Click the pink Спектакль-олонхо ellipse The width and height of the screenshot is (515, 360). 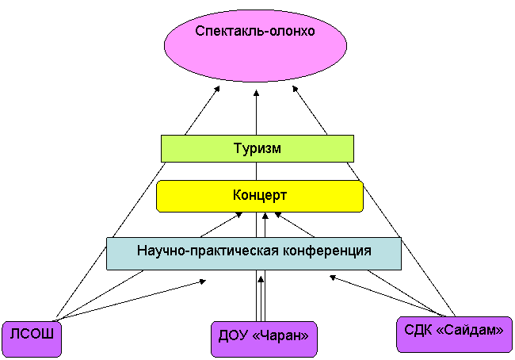[255, 45]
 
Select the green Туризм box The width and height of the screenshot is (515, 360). [257, 148]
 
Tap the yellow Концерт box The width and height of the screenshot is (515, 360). [259, 196]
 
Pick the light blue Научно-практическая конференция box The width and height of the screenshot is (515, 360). [254, 254]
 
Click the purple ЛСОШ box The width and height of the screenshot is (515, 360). [32, 339]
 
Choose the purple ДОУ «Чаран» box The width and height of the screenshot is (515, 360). [264, 339]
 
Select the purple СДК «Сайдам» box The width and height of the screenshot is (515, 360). [454, 335]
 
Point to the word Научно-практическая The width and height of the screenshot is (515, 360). [208, 251]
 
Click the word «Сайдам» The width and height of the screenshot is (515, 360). [470, 330]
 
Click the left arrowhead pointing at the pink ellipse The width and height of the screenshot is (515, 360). [217, 89]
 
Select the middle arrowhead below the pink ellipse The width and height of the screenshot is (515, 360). [256, 93]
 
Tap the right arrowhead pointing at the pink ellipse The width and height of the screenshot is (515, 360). [295, 89]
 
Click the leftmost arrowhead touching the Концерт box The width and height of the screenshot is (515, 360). [239, 215]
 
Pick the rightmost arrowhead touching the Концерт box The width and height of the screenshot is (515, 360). [277, 215]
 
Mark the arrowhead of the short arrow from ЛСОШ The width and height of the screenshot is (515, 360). [203, 281]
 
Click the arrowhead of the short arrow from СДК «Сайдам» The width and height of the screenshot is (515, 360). [333, 278]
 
